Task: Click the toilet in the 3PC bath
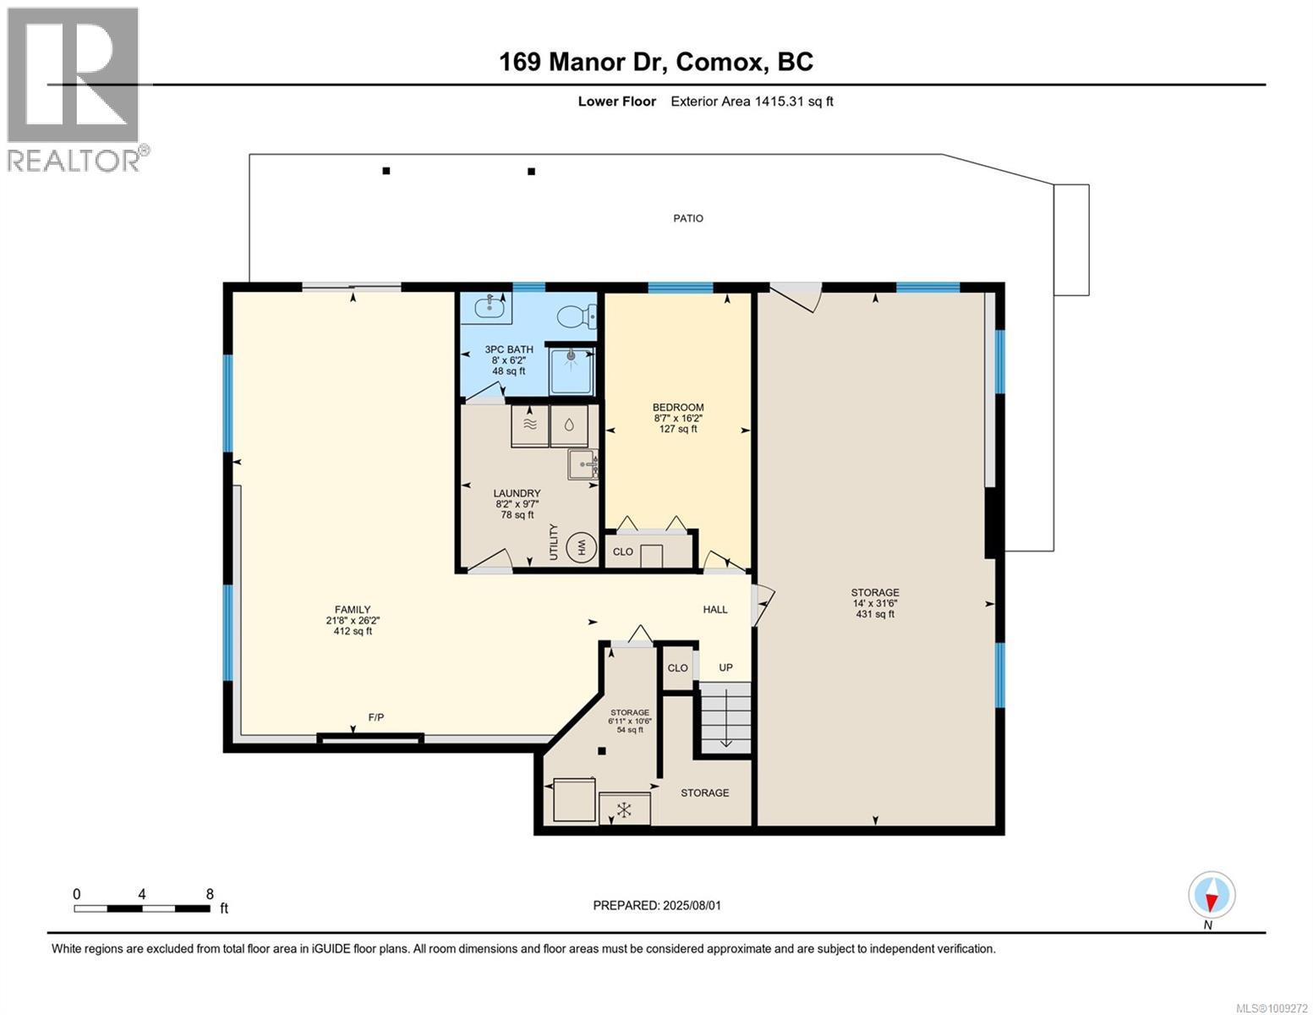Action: coord(576,316)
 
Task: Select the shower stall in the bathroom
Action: coord(571,370)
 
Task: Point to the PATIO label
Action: coord(688,218)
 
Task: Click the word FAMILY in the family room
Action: coord(353,609)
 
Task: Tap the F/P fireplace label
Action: coord(376,717)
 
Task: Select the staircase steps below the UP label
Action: coord(725,717)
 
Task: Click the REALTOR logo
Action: coord(74,90)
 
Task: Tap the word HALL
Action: coord(714,609)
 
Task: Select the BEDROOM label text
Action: coord(678,408)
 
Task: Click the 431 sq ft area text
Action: coord(875,614)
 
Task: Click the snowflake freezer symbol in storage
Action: coord(625,809)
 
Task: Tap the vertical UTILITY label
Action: coord(554,541)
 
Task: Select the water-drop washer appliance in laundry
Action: coord(569,425)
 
